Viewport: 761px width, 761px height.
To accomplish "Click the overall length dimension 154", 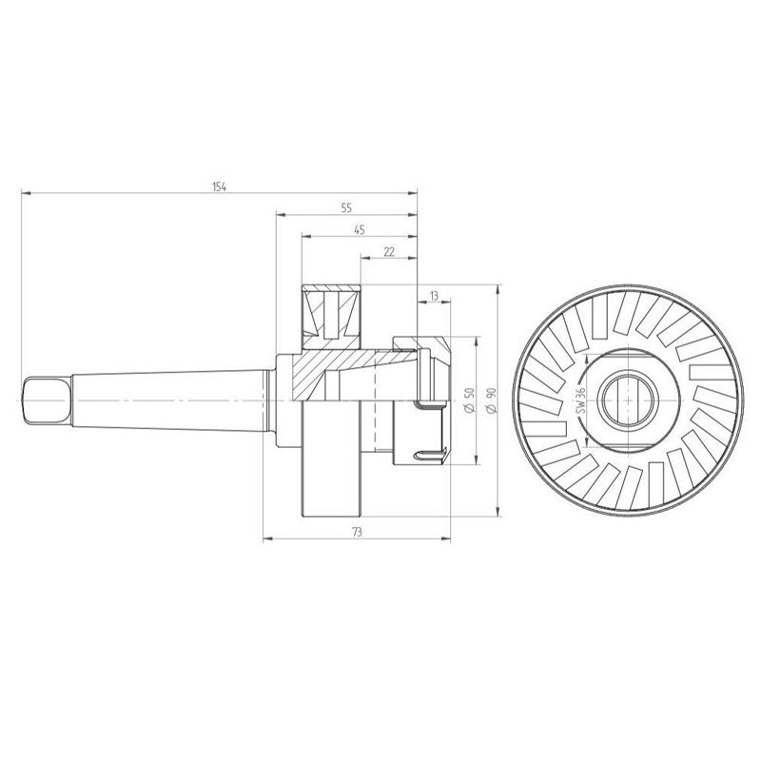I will (x=220, y=186).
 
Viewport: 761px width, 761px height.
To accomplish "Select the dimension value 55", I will (x=345, y=206).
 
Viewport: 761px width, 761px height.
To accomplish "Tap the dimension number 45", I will (x=359, y=229).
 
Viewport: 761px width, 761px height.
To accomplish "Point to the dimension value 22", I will (x=388, y=251).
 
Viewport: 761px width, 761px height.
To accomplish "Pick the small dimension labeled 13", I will (x=434, y=296).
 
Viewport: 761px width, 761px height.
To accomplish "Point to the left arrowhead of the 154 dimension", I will (x=26, y=193).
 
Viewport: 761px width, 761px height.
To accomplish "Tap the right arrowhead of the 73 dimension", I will (x=446, y=537).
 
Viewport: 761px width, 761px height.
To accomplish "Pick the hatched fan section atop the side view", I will (x=330, y=311).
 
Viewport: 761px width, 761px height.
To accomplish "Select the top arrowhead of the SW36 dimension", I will (x=587, y=360).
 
